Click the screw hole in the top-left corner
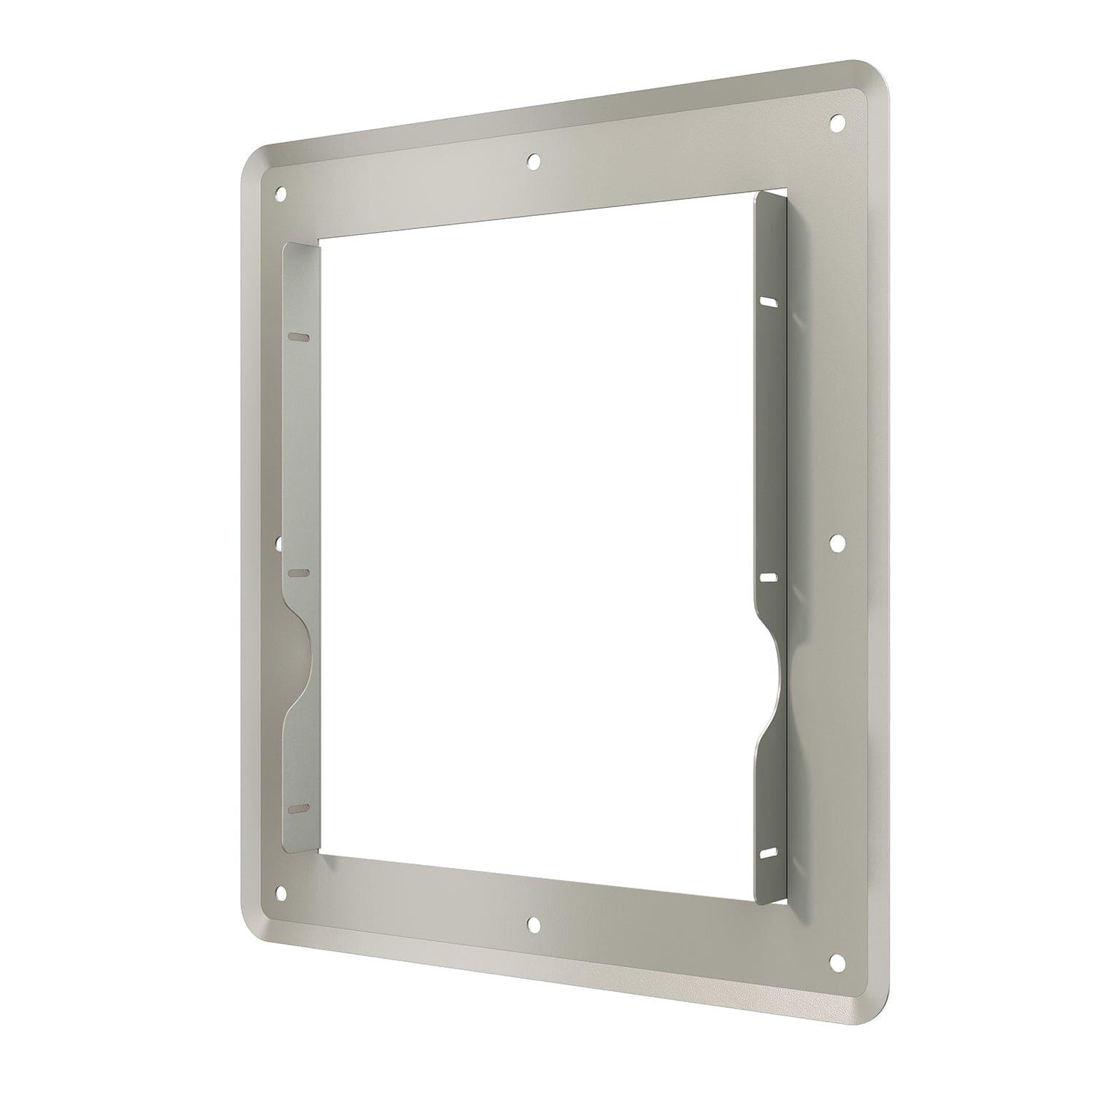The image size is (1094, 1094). pos(280,194)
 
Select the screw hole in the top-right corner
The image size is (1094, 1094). pos(838,120)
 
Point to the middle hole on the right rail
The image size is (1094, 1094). pos(837,541)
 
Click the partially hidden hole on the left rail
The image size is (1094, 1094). pos(279,542)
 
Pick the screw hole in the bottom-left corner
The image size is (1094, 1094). pos(280,891)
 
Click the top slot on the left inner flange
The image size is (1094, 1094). pos(299,337)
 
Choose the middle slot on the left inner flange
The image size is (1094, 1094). pos(299,573)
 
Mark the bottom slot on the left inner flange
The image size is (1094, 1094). pos(299,809)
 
